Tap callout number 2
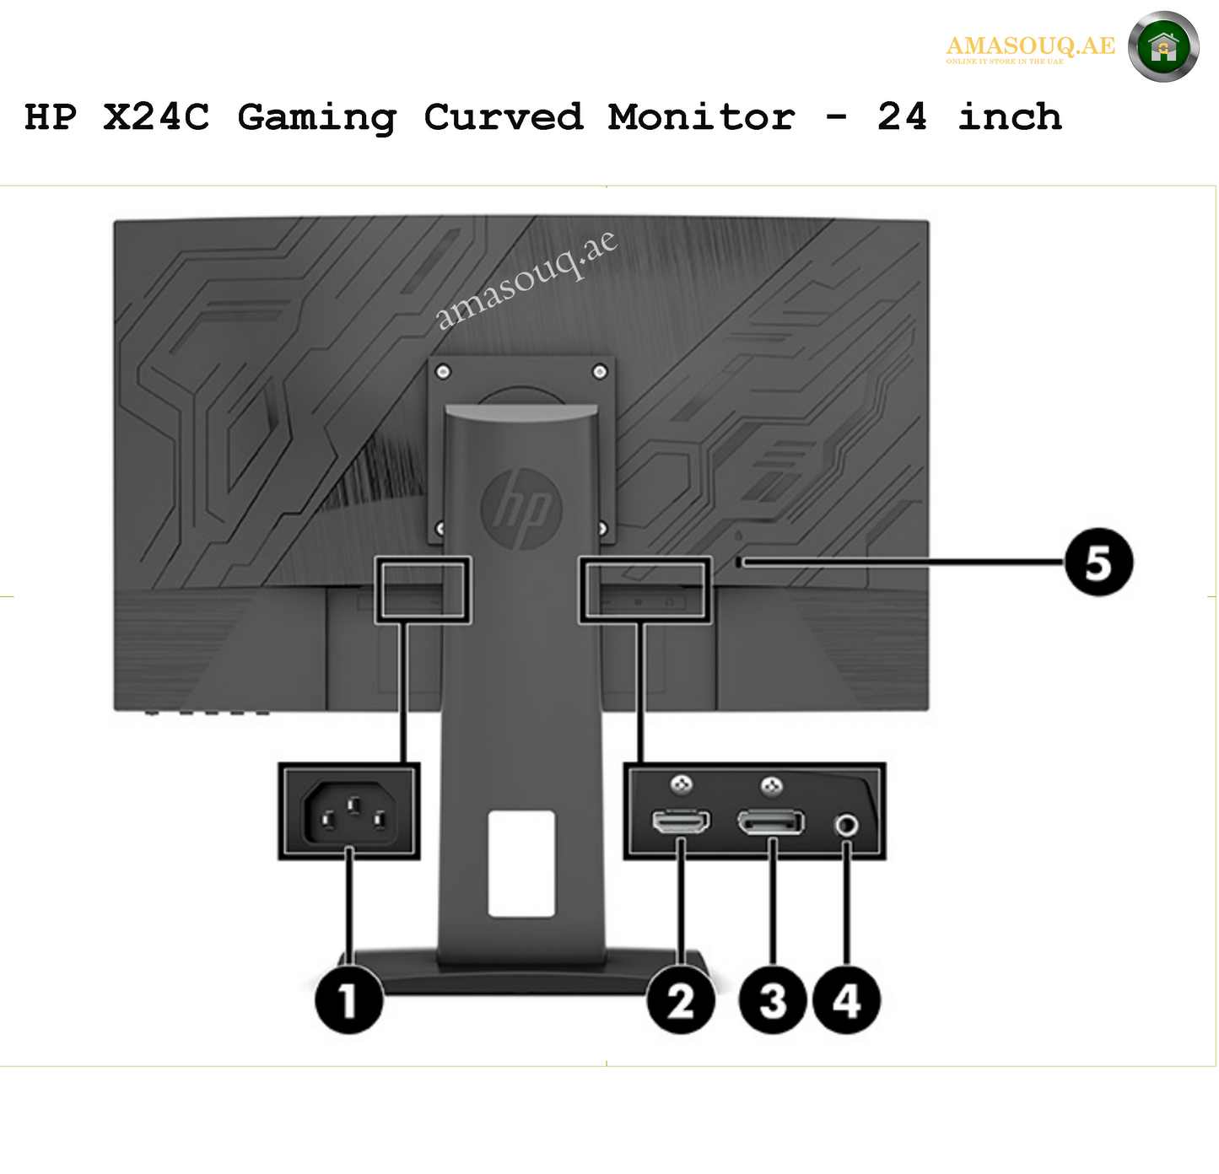681,1001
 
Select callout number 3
773,1001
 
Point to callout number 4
846,1001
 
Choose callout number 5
1098,562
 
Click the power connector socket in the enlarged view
349,813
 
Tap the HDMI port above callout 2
681,821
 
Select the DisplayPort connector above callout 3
771,821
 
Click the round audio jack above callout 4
847,824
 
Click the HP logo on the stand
521,508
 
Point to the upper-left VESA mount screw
443,371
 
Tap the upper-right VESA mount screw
600,371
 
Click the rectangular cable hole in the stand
521,864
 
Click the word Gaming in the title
316,117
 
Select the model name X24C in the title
156,116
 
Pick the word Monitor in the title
701,116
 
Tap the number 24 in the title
902,116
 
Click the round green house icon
1163,47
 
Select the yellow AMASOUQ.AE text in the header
1030,46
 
